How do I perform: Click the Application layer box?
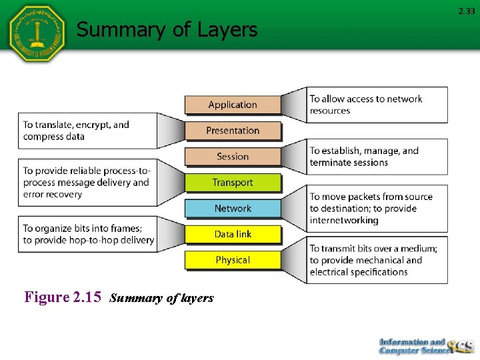pos(233,105)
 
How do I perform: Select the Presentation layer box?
pos(233,131)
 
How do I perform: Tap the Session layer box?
pos(233,157)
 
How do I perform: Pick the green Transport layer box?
pos(233,183)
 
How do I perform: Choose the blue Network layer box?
pos(233,209)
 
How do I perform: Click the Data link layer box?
pos(233,234)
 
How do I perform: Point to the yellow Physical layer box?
pos(233,260)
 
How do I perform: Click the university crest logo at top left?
pos(37,33)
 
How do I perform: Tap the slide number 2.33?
pos(466,11)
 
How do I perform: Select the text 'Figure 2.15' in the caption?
pos(62,297)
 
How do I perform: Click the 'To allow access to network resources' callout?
pos(377,105)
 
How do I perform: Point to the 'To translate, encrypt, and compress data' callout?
pos(87,131)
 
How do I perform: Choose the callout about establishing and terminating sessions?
pos(377,157)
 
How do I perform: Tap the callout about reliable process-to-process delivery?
pos(87,183)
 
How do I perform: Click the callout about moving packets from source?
pos(377,208)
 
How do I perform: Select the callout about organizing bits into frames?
pos(87,234)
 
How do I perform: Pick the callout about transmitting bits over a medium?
pos(377,260)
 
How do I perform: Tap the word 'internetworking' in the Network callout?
pos(344,220)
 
